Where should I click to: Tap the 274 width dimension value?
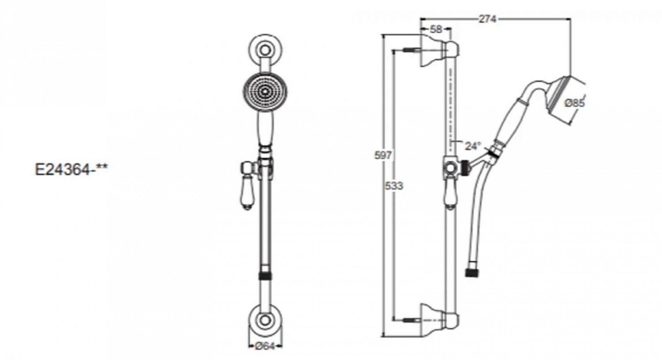click(x=488, y=19)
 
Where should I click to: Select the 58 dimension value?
click(x=436, y=29)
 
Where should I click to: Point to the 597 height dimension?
click(x=383, y=155)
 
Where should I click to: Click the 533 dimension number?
click(x=394, y=186)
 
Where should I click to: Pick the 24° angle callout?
click(x=473, y=146)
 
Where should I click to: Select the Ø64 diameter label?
click(x=265, y=346)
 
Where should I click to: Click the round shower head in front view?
click(x=265, y=91)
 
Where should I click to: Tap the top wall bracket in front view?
click(x=265, y=50)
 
